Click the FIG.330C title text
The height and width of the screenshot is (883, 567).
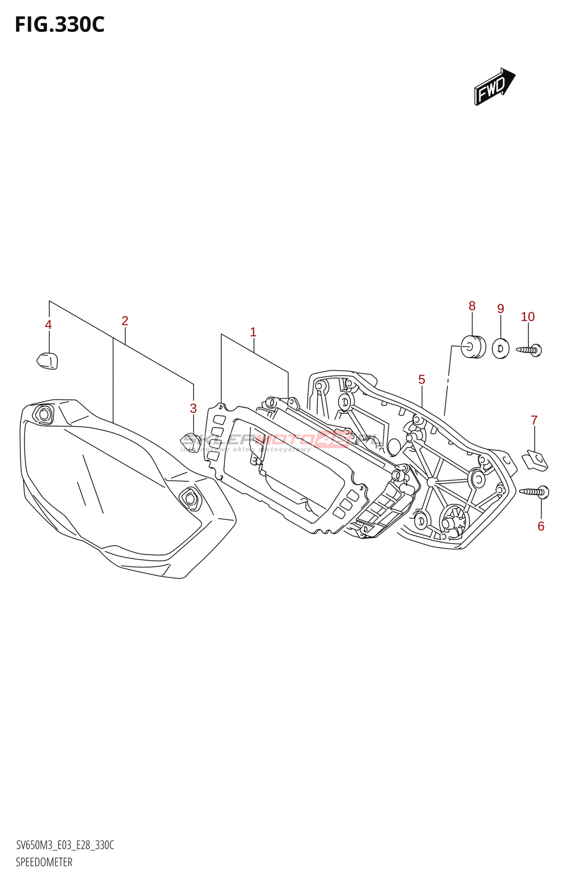click(x=60, y=25)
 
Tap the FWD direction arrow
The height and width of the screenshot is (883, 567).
click(x=494, y=87)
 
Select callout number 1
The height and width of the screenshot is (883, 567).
click(x=253, y=332)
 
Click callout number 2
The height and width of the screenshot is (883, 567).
click(x=125, y=321)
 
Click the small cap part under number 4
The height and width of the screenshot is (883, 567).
click(x=47, y=360)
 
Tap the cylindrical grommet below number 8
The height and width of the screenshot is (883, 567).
click(x=473, y=347)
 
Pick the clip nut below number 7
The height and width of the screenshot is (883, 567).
click(x=535, y=460)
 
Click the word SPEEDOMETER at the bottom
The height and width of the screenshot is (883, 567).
click(x=44, y=862)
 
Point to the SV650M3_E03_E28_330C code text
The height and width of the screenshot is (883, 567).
click(x=65, y=845)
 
